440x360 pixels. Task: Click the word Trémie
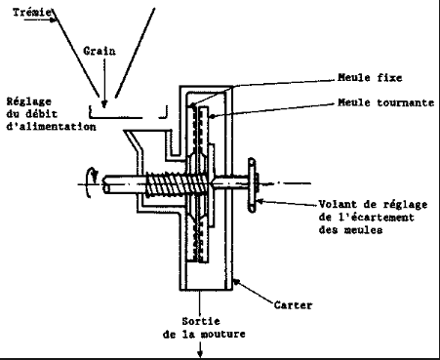pyautogui.click(x=32, y=13)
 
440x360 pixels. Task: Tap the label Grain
pyautogui.click(x=100, y=51)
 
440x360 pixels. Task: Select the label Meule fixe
pyautogui.click(x=370, y=78)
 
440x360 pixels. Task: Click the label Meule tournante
pyautogui.click(x=386, y=102)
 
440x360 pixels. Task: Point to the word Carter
pyautogui.click(x=293, y=305)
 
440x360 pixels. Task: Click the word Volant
pyautogui.click(x=338, y=204)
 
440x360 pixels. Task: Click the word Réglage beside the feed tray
pyautogui.click(x=29, y=101)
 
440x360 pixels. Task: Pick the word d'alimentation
pyautogui.click(x=51, y=126)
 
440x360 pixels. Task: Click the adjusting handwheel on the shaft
pyautogui.click(x=252, y=185)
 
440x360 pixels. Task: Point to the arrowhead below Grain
pyautogui.click(x=104, y=103)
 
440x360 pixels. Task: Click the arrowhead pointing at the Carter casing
pyautogui.click(x=237, y=282)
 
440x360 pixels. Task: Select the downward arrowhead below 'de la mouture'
pyautogui.click(x=200, y=354)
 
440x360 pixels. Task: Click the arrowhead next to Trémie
pyautogui.click(x=54, y=20)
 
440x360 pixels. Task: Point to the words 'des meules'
pyautogui.click(x=350, y=229)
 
